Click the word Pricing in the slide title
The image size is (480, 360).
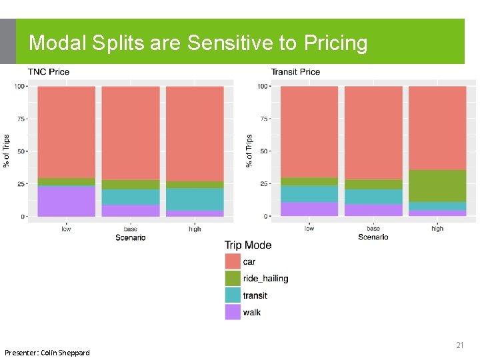335,43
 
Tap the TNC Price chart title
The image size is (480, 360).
48,71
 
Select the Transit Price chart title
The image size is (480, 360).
295,71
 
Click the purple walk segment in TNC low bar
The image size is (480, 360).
66,201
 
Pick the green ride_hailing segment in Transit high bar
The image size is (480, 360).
437,186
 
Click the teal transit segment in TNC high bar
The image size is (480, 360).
195,199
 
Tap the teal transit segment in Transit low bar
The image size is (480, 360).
309,193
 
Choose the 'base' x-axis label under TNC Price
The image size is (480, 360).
130,229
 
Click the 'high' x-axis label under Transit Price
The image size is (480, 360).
437,229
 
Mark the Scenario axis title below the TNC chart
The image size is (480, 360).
130,237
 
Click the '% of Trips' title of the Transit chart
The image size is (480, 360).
249,151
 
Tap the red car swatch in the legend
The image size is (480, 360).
233,261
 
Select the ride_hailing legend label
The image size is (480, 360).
265,279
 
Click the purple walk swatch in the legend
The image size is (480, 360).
233,312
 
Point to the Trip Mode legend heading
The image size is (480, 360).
248,245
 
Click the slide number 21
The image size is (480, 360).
459,345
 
